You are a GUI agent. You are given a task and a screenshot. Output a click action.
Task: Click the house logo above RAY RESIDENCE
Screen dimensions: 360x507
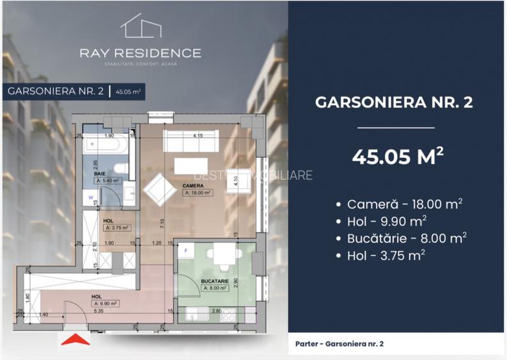pyautogui.click(x=140, y=26)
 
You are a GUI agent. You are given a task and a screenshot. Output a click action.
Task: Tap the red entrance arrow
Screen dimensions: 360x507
pyautogui.click(x=75, y=340)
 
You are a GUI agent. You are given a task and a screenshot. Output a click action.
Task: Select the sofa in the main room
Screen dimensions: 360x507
pyautogui.click(x=191, y=143)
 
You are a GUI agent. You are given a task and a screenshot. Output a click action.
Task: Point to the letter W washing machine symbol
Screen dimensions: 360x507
pyautogui.click(x=91, y=198)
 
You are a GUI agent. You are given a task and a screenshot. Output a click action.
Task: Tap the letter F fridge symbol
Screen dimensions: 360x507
pyautogui.click(x=186, y=251)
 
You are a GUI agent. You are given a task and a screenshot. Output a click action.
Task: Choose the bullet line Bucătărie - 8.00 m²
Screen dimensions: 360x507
pyautogui.click(x=400, y=238)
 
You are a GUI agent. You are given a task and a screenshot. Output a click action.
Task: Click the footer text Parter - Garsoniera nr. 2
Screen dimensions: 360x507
pyautogui.click(x=339, y=343)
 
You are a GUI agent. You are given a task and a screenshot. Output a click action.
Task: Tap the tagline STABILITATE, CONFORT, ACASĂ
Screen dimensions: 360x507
pyautogui.click(x=140, y=64)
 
